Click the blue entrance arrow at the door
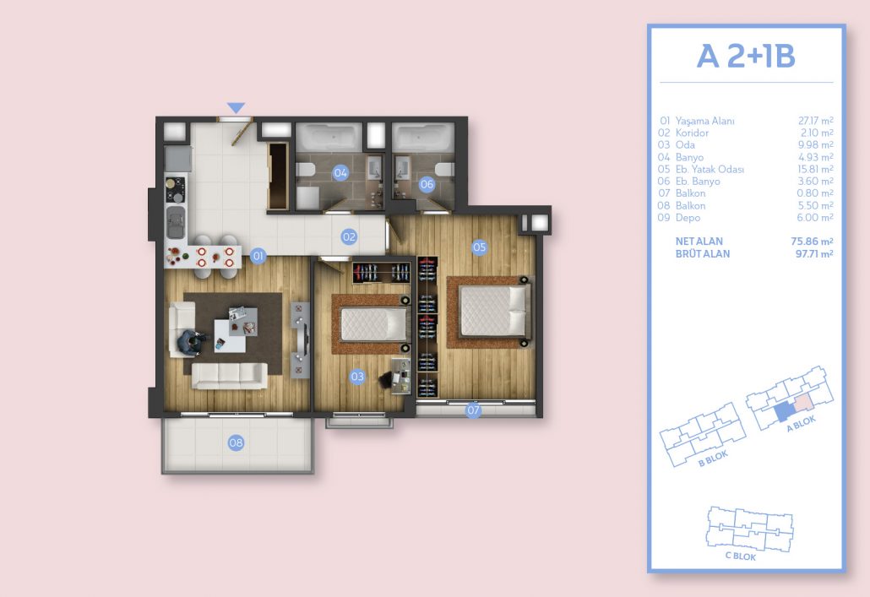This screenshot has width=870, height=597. pyautogui.click(x=236, y=107)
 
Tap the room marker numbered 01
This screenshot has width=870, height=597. pyautogui.click(x=258, y=256)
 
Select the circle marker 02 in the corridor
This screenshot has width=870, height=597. pyautogui.click(x=349, y=237)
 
